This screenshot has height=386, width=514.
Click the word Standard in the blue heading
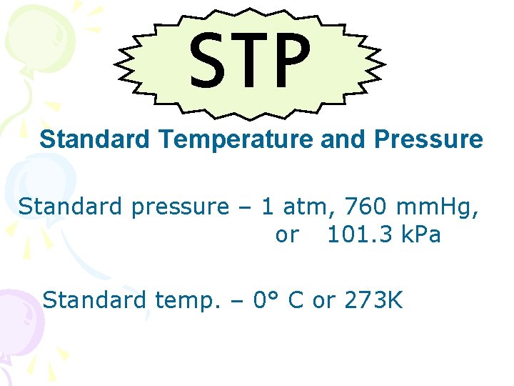(94, 139)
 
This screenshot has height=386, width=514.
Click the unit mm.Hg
(443, 208)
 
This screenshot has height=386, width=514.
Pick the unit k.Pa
(420, 235)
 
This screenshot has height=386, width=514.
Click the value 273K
(373, 300)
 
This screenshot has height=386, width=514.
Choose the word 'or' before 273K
(323, 301)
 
